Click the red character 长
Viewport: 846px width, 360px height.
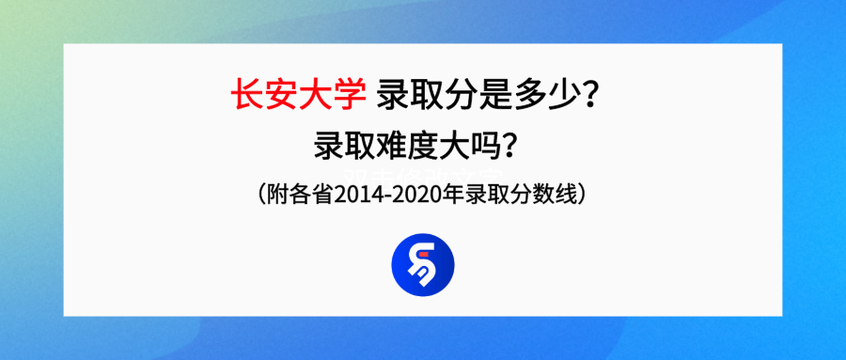(247, 95)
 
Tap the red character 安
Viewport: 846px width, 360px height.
(281, 95)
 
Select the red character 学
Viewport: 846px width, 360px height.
(348, 95)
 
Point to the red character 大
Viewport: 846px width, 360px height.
(315, 95)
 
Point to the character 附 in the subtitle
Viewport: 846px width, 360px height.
(275, 196)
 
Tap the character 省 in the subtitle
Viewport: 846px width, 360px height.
(321, 196)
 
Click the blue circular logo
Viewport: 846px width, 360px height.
(422, 264)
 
